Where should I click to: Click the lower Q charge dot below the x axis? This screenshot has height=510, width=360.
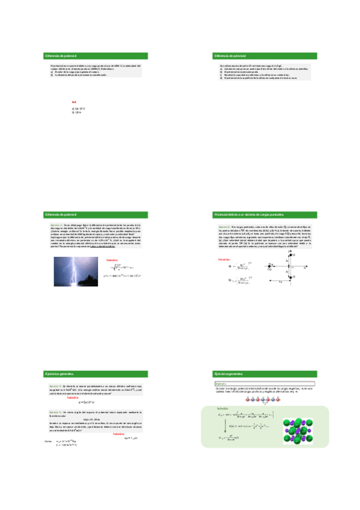tap(290, 277)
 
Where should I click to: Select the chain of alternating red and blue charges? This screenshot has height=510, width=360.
tap(265, 398)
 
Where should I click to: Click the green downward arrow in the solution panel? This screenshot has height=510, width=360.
tap(231, 428)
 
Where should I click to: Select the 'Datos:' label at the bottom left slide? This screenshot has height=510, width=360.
tap(49, 441)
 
